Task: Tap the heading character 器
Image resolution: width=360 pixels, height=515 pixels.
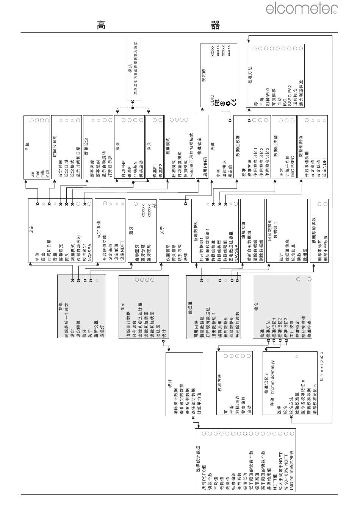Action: click(215, 25)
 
